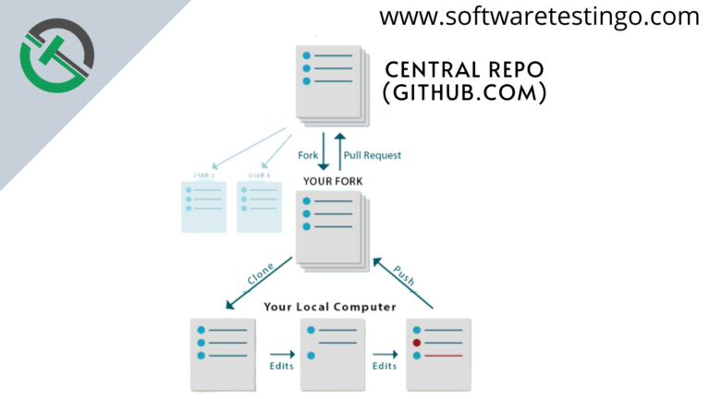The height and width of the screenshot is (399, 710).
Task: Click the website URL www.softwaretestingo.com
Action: click(539, 17)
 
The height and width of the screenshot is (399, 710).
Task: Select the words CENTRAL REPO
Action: click(465, 71)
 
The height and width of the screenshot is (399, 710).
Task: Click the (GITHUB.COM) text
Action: click(465, 93)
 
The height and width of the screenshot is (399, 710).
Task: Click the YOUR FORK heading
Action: click(333, 180)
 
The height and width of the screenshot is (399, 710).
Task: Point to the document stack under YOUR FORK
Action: click(330, 229)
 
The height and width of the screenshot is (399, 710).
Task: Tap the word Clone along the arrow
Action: click(259, 279)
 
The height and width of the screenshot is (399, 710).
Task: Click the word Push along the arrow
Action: click(403, 276)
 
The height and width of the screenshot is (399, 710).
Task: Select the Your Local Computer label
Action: click(330, 306)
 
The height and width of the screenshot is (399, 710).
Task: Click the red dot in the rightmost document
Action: click(418, 342)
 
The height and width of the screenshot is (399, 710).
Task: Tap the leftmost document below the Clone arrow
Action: click(222, 353)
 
